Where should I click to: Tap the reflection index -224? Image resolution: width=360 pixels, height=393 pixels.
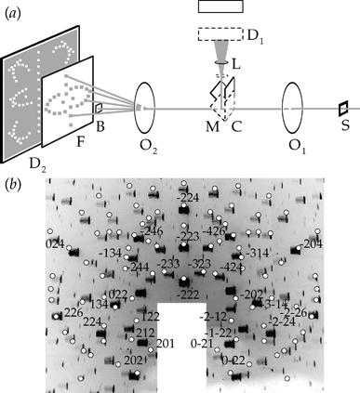(x=188, y=197)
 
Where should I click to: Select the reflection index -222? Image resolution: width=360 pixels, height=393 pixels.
(x=189, y=295)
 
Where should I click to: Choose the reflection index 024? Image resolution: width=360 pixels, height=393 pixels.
(x=55, y=243)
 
